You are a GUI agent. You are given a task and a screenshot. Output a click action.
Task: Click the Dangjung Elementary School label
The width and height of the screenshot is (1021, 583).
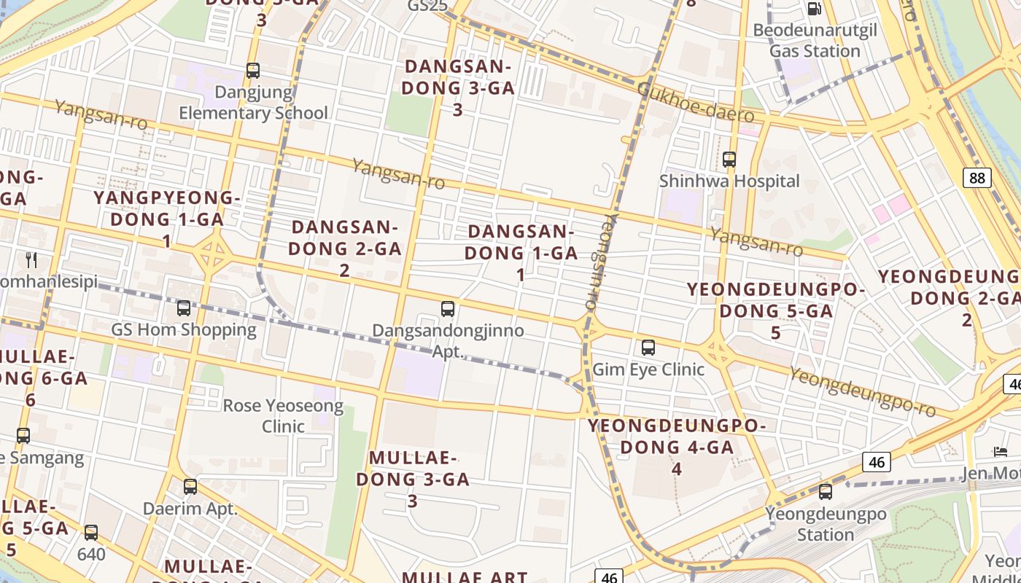[253, 103]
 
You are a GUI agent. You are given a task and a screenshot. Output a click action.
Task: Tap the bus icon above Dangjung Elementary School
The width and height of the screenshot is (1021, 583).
[253, 71]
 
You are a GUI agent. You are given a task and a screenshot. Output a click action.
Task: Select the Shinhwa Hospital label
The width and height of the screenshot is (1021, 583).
[729, 181]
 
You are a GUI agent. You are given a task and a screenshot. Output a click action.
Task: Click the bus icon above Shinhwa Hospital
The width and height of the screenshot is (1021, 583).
[729, 160]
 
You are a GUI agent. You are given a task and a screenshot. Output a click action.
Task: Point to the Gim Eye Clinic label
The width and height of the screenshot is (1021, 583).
[648, 369]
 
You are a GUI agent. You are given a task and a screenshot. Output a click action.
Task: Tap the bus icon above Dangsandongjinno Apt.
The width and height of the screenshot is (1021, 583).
[448, 309]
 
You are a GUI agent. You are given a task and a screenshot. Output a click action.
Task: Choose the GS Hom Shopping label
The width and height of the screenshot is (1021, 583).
[184, 329]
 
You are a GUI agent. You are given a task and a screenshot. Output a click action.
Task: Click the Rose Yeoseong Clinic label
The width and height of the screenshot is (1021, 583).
[283, 415]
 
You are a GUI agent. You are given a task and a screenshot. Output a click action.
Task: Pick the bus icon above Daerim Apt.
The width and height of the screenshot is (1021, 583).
[190, 486]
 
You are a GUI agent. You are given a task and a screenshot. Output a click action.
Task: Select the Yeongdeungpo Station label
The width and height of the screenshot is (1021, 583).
[826, 524]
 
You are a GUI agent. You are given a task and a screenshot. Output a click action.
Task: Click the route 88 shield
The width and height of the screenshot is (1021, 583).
[977, 178]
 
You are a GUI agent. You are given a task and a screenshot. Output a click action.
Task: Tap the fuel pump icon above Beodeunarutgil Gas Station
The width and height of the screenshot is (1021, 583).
[815, 9]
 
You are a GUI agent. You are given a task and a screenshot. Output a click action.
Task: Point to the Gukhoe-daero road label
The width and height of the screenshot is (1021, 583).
[695, 103]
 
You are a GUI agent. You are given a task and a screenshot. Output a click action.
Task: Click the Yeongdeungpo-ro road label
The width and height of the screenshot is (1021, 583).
[862, 391]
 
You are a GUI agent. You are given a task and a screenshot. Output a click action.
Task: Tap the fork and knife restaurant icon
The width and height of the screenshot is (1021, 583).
[31, 259]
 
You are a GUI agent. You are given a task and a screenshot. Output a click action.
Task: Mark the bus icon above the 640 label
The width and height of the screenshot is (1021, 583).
[91, 533]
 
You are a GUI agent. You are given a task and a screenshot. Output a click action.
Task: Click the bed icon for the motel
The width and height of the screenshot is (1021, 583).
[1001, 452]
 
